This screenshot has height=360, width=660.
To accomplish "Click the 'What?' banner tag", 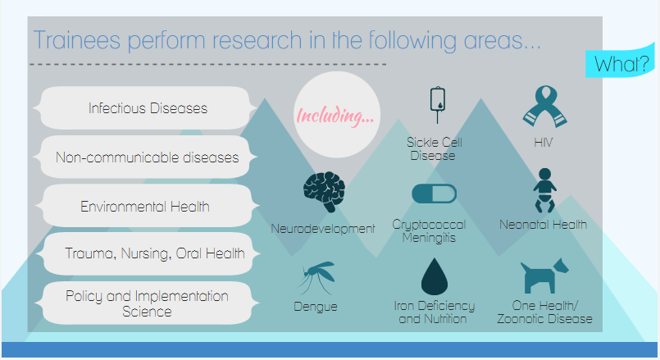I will point(621,63).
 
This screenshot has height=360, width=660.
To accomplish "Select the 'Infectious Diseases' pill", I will point(148,108).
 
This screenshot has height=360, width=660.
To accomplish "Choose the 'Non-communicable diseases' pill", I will point(148,157).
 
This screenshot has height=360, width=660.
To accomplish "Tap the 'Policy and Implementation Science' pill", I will point(148,303).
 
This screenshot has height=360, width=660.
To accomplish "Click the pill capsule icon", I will point(434,194).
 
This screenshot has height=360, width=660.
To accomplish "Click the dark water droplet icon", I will point(435,277).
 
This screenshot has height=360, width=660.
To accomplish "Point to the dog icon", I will point(544,276).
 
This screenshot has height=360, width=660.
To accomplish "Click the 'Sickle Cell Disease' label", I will point(433,148).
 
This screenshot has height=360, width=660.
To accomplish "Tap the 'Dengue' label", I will point(316,308).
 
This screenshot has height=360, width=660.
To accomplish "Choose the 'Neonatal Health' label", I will point(543,224).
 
